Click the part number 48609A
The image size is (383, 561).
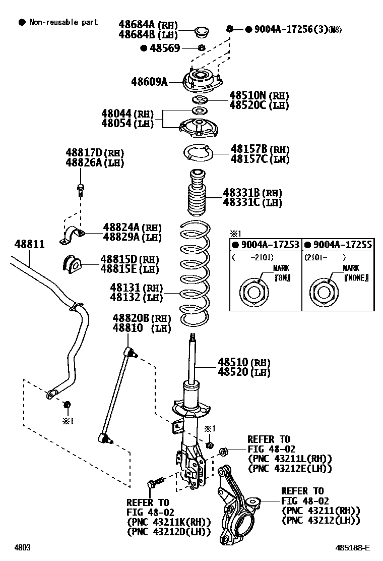pyautogui.click(x=149, y=81)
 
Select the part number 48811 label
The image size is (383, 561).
pyautogui.click(x=29, y=244)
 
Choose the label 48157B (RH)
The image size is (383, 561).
pyautogui.click(x=260, y=149)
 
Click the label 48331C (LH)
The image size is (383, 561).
pyautogui.click(x=252, y=203)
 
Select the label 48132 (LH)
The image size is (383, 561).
pyautogui.click(x=137, y=298)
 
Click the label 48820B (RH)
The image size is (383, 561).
pyautogui.click(x=142, y=319)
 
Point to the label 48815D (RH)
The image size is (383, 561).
pyautogui.click(x=129, y=259)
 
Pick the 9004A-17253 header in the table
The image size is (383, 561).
pyautogui.click(x=266, y=245)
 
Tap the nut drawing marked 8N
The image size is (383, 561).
pyautogui.click(x=251, y=292)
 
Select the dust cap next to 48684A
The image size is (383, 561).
pyautogui.click(x=201, y=31)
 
